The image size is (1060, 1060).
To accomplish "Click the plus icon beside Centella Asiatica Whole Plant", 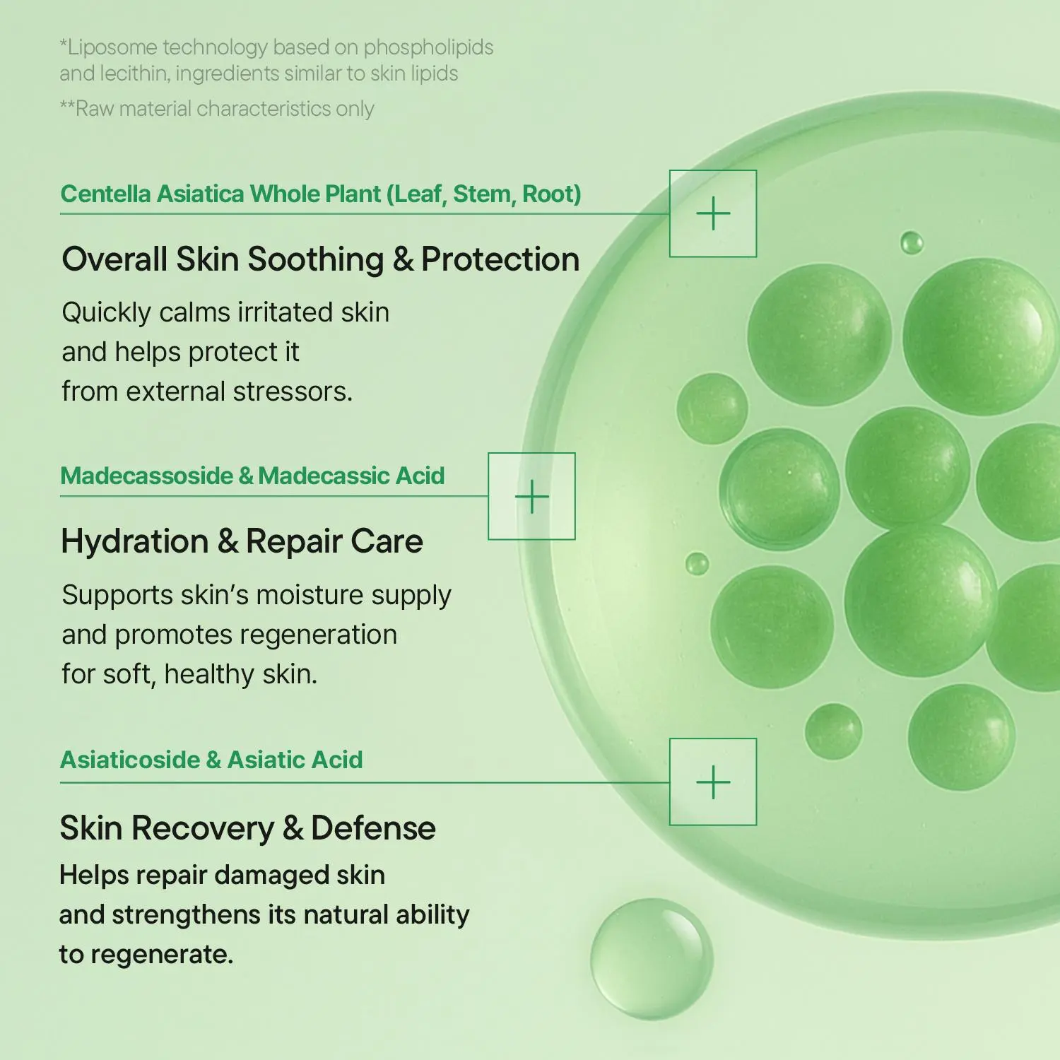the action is (x=713, y=213).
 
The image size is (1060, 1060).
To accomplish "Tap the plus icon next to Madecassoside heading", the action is (x=531, y=497).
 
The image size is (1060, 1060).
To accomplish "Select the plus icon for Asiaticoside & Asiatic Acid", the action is (x=713, y=782).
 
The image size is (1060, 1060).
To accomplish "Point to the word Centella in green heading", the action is (x=105, y=194).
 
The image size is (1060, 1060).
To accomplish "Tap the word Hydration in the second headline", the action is (x=135, y=541).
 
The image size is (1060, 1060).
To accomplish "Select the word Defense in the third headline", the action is (x=373, y=828).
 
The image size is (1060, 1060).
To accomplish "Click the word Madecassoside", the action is (x=147, y=476).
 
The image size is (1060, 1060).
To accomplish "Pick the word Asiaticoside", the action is (x=131, y=760).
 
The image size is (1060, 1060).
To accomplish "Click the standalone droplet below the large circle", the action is (x=652, y=958).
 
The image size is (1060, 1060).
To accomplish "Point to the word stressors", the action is (x=293, y=391).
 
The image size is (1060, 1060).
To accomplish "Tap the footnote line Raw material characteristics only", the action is (x=217, y=109).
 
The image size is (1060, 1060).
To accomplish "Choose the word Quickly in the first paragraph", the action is (x=106, y=313).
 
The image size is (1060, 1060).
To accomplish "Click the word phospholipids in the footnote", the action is (x=428, y=48).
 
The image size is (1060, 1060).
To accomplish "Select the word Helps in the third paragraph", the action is (x=94, y=876).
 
